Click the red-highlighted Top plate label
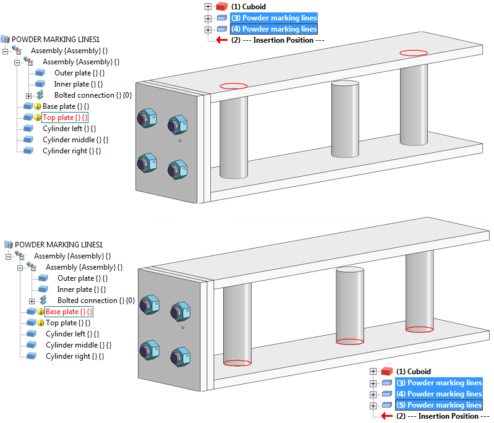click(x=65, y=117)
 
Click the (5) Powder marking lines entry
click(x=444, y=405)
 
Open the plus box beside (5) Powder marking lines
click(x=373, y=405)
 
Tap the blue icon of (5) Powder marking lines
click(x=387, y=405)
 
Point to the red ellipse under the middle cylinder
click(x=349, y=341)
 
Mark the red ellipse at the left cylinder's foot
click(x=237, y=363)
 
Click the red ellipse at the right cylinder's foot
click(x=420, y=330)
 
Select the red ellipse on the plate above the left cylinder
click(x=234, y=86)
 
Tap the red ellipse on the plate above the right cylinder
click(x=413, y=53)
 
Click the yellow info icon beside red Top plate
click(x=37, y=117)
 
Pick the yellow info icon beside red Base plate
click(x=40, y=312)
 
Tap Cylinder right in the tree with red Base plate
click(x=74, y=356)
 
